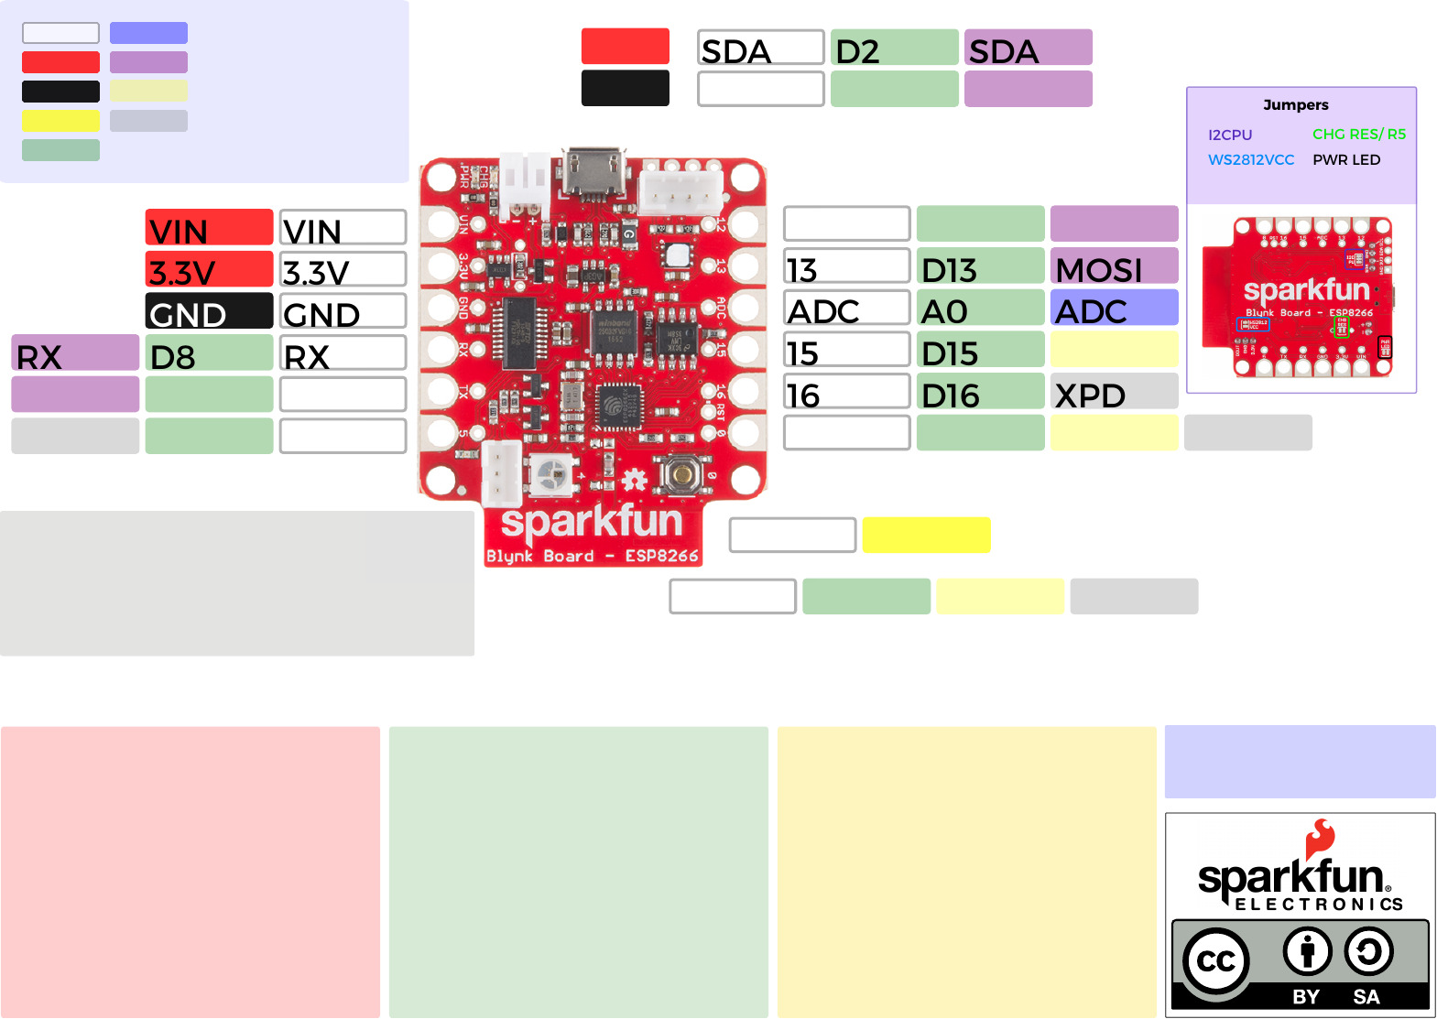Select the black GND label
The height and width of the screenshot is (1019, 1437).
(209, 311)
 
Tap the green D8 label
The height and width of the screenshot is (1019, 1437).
(209, 353)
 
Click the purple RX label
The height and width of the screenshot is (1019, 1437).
(75, 353)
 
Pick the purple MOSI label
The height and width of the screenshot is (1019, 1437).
(1114, 266)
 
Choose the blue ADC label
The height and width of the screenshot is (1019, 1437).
(1114, 309)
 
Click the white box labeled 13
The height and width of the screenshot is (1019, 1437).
(846, 266)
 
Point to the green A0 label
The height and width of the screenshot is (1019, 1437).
(980, 309)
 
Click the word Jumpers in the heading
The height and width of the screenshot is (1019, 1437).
(1295, 105)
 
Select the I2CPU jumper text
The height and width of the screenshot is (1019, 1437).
(1229, 136)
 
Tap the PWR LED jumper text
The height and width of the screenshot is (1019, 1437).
(1345, 160)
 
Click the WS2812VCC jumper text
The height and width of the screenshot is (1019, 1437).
(1250, 160)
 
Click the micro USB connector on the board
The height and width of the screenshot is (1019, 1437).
(593, 171)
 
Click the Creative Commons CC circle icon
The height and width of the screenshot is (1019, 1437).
(1215, 961)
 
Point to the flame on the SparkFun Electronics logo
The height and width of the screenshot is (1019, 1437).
(1320, 838)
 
